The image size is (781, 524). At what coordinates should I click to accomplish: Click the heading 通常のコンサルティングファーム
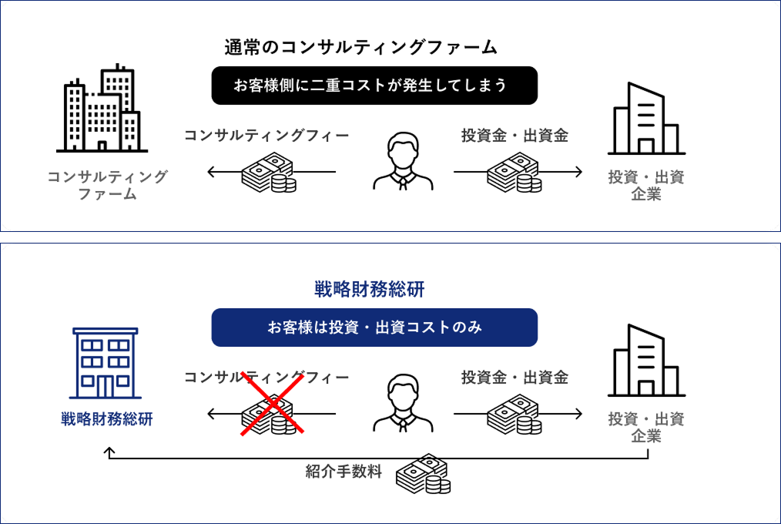click(360, 47)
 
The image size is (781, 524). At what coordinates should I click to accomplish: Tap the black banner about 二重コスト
click(374, 86)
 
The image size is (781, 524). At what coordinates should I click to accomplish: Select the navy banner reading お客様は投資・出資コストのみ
click(374, 327)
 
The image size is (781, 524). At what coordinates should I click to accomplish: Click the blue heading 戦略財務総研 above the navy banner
click(369, 289)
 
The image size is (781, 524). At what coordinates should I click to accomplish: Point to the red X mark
click(272, 404)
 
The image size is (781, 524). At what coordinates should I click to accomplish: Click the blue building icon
click(105, 363)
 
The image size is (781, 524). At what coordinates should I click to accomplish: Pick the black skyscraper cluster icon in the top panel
click(102, 108)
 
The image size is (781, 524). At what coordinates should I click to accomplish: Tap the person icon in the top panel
click(403, 161)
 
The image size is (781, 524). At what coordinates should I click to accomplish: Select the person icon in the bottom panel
click(403, 403)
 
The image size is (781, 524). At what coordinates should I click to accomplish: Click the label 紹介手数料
click(344, 471)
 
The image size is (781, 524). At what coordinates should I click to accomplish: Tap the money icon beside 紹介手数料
click(424, 474)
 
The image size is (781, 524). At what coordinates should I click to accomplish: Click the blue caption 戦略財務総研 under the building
click(106, 419)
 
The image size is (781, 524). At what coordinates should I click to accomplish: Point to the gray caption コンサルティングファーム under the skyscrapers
click(107, 185)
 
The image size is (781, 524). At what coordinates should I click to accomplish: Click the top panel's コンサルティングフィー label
click(266, 135)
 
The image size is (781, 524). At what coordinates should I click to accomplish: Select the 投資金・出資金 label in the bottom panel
click(515, 377)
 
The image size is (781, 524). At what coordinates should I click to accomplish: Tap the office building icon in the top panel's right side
click(646, 118)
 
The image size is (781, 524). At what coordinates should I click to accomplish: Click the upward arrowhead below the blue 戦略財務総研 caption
click(109, 452)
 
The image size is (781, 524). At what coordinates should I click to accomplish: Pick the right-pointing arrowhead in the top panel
click(578, 172)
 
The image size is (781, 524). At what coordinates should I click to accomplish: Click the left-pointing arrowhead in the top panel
click(211, 172)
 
